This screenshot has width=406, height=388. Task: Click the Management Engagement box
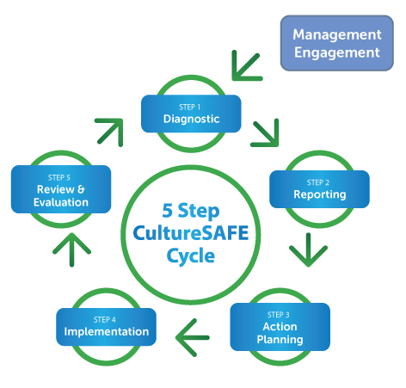pos(337,43)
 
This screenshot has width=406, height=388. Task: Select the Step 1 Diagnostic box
pos(191,114)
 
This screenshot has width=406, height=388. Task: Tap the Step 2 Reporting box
pos(319,189)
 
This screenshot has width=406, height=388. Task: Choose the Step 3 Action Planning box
pos(280,327)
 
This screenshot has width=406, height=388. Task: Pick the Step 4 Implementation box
pos(106,327)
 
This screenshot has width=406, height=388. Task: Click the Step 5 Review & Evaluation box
pos(61,189)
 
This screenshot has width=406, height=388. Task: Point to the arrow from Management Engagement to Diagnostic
pos(246,66)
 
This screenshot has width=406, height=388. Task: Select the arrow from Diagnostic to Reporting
pos(266,133)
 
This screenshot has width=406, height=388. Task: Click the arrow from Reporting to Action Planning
pos(308,250)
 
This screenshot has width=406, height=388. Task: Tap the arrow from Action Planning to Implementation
pos(193,337)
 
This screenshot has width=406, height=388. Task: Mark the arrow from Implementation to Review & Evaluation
pos(71,249)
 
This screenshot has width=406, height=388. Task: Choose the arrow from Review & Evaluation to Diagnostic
pos(110,132)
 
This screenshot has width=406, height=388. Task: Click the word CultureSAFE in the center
pos(191,233)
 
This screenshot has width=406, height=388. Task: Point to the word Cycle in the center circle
pos(191,256)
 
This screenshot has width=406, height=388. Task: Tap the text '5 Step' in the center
pos(191,211)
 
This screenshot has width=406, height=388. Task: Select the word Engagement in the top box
pos(337,53)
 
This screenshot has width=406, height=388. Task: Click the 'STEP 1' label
pos(190,108)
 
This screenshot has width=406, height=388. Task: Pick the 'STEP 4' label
pos(105,320)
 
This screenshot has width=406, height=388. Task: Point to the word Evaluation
pos(61,202)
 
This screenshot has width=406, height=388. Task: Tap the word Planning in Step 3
pos(280,340)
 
